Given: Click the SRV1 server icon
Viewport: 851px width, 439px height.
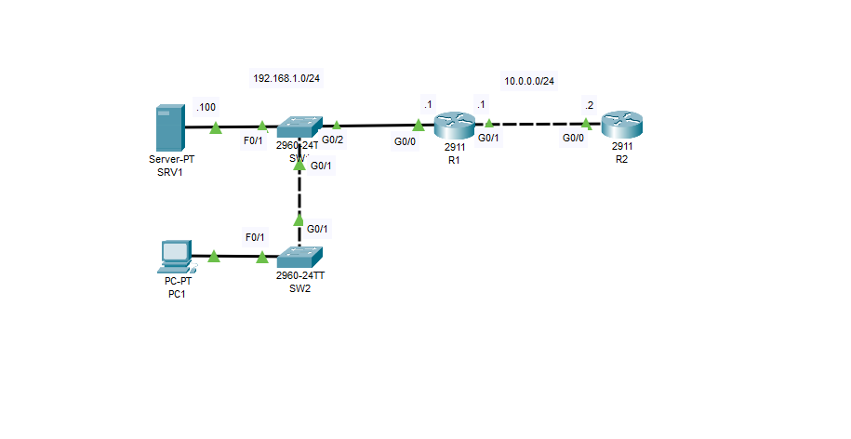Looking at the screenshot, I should point(168,128).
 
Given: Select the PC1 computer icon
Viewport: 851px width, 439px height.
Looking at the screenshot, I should point(175,254).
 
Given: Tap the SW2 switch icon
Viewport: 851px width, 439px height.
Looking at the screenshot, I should point(299,256).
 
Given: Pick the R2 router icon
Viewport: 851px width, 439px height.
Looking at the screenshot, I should point(621,126).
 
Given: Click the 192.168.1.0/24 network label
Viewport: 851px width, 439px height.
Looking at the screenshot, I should point(286,78).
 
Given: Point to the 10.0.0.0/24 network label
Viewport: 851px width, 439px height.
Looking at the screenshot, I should point(529,81).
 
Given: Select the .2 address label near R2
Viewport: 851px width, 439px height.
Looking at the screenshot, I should point(588,104).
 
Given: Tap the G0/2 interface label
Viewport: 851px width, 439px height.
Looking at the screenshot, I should point(333,140).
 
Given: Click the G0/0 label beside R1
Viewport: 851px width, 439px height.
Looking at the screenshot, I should point(406,141).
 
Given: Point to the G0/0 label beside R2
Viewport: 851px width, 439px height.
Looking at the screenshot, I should point(573,138).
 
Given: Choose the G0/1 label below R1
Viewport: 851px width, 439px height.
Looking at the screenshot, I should point(488,138).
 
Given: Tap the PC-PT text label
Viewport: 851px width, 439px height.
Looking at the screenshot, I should point(175,283).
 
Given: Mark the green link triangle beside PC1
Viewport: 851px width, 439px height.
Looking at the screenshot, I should point(214,256).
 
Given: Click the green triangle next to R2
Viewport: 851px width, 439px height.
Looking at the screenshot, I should point(587,124).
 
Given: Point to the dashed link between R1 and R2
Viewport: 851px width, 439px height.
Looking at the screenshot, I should point(538,124).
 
